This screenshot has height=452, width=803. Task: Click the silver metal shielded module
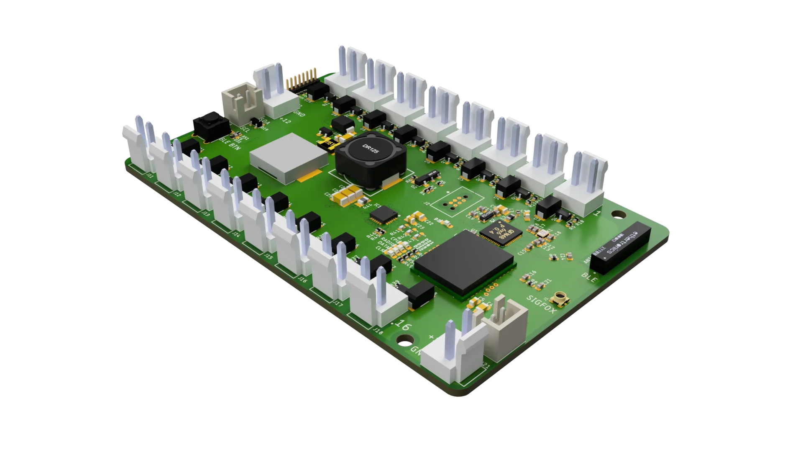point(289,158)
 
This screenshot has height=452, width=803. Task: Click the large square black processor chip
point(463,262)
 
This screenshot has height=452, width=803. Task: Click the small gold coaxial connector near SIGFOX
point(560,298)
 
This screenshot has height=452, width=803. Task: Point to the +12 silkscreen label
point(285,121)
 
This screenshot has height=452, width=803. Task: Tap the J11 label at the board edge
point(150,176)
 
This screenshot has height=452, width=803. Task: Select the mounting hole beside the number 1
point(617,215)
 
